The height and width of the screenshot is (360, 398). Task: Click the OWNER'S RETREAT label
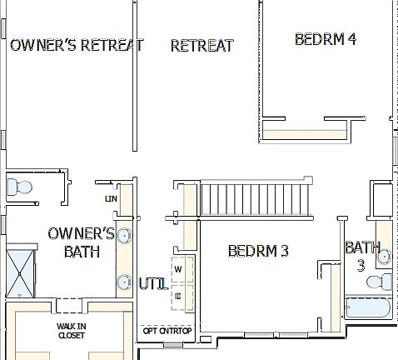coord(77,45)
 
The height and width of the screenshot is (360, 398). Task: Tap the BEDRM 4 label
coord(326,39)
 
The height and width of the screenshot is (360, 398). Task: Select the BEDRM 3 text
coord(257,250)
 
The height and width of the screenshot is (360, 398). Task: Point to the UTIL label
coord(154,284)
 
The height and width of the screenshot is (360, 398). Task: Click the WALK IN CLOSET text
coord(71,330)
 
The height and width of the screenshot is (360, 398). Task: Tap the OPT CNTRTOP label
coord(167,331)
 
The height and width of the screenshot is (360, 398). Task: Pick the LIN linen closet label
coord(110,199)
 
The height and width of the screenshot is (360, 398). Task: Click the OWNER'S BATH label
coord(82,242)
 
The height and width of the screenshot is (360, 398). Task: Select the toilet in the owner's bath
coord(17,187)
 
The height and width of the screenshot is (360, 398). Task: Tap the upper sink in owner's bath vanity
coord(125,236)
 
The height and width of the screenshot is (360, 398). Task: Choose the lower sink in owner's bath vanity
coord(125,281)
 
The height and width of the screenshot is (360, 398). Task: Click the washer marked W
coord(180,269)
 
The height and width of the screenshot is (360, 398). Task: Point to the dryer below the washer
coord(180,294)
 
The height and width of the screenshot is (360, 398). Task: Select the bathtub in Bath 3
coord(367,309)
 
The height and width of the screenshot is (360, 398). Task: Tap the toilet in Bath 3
coord(383,281)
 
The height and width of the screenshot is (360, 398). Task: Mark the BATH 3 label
coord(362,256)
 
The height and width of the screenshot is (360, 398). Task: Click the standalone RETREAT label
coord(201,45)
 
